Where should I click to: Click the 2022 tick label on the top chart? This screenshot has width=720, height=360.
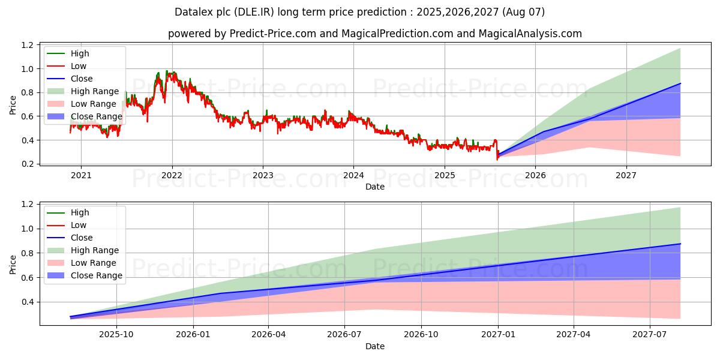tap(172, 176)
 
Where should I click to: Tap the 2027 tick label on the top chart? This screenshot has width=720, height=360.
tap(626, 176)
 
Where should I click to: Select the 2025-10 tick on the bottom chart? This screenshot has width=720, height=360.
tap(116, 335)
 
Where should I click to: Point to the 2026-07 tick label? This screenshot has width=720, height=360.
tap(345, 335)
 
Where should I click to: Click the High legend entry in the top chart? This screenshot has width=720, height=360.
tap(79, 53)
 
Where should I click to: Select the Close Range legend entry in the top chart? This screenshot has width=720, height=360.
tap(96, 116)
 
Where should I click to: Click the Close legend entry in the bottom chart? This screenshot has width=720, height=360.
tap(82, 238)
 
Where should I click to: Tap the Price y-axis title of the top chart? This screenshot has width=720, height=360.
tap(13, 105)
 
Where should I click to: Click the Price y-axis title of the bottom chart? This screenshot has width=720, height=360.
tap(13, 264)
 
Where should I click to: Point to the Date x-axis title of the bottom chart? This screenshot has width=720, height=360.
tap(375, 346)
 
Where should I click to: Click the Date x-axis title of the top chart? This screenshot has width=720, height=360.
tap(375, 187)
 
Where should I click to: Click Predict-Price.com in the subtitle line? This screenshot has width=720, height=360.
tap(273, 34)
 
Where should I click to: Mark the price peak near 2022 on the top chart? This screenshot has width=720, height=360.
tap(167, 71)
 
